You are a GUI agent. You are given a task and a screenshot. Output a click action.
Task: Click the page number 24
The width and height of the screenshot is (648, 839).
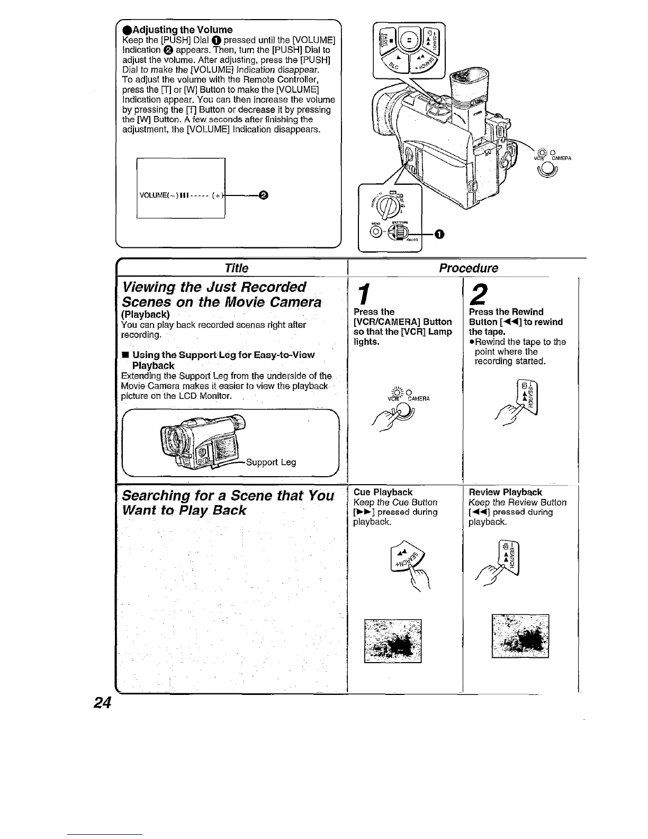[x=102, y=702]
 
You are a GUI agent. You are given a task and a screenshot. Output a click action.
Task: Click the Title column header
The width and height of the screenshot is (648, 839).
[x=236, y=268]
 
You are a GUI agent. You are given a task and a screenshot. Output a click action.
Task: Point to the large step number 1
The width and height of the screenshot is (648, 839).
[x=363, y=293]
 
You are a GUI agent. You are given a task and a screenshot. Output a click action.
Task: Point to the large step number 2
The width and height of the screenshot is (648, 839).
[x=478, y=292]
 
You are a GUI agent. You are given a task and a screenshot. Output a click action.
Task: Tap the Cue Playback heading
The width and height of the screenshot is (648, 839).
[x=383, y=492]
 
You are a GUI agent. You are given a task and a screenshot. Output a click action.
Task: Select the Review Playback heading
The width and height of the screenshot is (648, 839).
[x=505, y=492]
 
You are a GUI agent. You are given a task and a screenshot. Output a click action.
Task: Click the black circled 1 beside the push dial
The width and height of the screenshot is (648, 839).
[x=438, y=235]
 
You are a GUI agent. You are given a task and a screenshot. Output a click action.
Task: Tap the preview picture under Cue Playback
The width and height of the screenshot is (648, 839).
[x=393, y=640]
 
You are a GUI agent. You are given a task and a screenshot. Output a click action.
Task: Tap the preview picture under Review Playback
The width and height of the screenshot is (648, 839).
[x=520, y=636]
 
